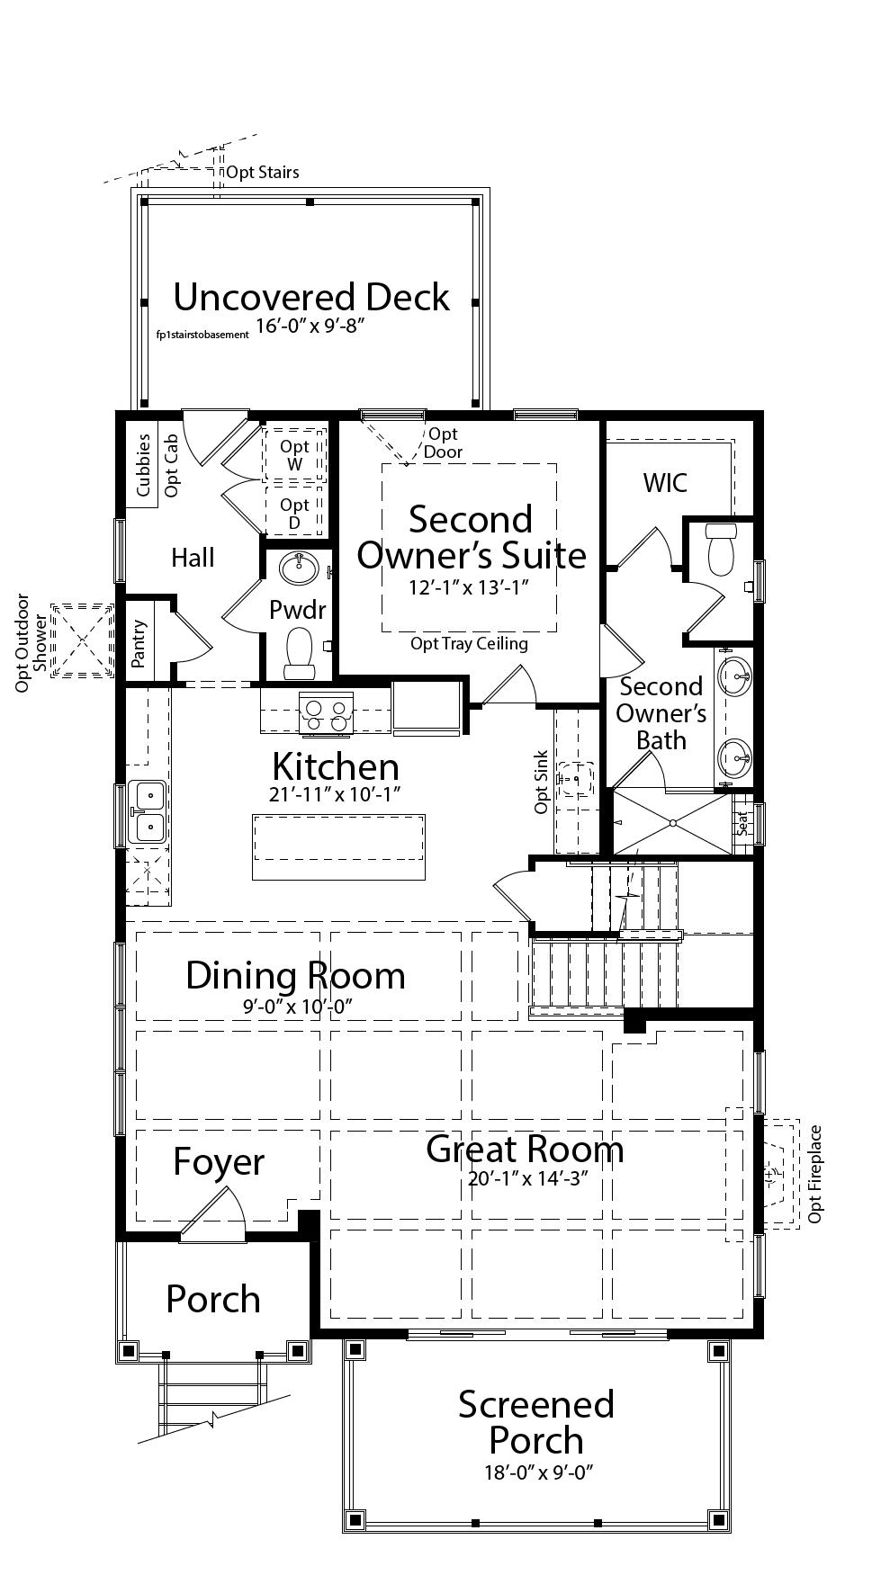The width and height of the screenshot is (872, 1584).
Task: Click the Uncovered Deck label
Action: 311,297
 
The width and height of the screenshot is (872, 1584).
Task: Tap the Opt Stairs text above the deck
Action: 263,172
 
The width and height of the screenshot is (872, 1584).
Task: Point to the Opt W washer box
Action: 294,455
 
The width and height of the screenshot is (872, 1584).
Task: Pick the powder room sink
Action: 298,568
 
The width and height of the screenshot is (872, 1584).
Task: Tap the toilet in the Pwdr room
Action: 298,651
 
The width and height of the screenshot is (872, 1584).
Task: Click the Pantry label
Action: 139,643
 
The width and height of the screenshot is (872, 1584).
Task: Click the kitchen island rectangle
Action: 338,847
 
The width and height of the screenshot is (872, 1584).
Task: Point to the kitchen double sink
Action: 148,811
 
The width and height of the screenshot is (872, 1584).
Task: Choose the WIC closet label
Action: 665,483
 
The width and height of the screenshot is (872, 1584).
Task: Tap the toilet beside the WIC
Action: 722,548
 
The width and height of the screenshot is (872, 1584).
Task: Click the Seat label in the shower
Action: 743,822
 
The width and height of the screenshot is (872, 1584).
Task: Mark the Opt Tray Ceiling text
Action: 469,643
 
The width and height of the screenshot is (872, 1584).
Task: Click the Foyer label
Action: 219,1162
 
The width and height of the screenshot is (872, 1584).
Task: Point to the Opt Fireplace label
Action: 815,1174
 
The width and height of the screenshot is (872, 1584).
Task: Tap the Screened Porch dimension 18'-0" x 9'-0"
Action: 536,1472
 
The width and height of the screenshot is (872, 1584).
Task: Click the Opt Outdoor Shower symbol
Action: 83,641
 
